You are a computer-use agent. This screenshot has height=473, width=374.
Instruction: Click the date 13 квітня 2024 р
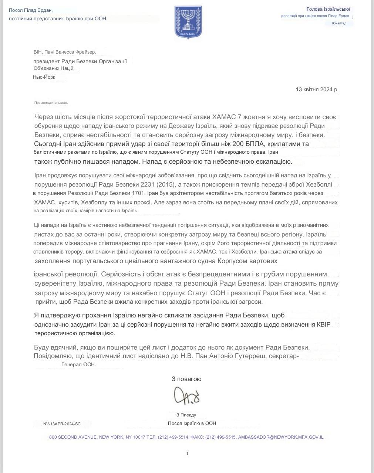pos(316,89)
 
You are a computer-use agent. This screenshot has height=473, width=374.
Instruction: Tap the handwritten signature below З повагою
pos(187,396)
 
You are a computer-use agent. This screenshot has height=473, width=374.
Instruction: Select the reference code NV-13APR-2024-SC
pos(62,424)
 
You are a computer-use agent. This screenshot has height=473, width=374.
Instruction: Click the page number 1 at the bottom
pos(187,453)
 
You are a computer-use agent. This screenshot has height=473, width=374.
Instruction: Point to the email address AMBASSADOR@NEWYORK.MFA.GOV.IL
pos(281,437)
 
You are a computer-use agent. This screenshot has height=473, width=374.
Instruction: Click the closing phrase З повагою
pos(186,379)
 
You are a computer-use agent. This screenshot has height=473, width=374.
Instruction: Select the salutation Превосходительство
pos(51,103)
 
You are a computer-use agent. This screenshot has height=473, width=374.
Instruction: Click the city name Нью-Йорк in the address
pos(44,77)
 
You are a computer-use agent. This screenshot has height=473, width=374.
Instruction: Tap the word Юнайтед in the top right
pos(339,23)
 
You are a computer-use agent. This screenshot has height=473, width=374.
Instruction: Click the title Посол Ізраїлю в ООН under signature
pos(192,423)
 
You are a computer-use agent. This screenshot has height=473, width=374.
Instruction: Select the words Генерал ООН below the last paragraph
pos(78,364)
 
